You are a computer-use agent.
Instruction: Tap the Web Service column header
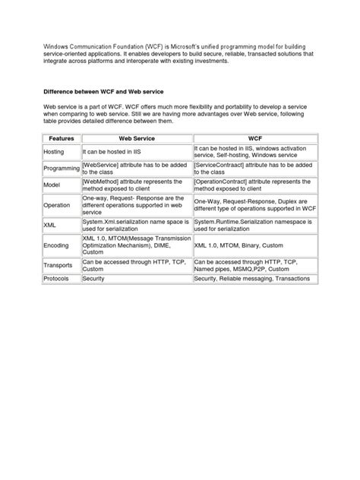pos(136,139)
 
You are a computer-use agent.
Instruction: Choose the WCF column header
pos(254,139)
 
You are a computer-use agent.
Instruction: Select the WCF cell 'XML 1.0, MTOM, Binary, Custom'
pos(239,246)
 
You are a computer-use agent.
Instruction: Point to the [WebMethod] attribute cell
pos(132,186)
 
